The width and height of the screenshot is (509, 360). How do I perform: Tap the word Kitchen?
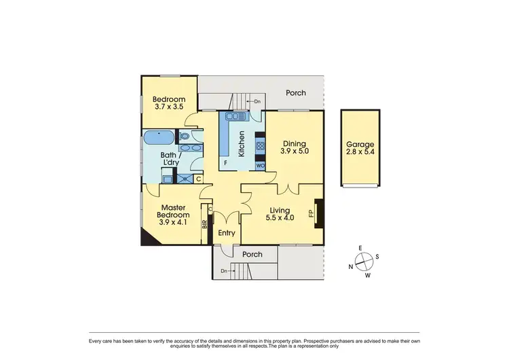pos(240,144)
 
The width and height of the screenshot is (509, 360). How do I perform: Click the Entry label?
pos(226,233)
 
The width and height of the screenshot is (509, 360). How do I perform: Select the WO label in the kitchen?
pos(260,165)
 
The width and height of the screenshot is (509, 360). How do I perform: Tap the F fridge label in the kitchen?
pos(225,164)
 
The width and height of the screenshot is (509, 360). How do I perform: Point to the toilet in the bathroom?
pos(185,136)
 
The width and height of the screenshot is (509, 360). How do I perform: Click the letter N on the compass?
pos(351,267)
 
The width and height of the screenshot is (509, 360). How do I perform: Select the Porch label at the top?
pos(295,93)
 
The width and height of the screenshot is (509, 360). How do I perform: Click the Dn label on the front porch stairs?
pos(225,271)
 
